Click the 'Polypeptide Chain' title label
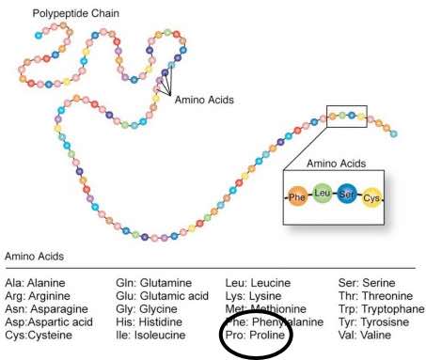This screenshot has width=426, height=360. click(x=74, y=15)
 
